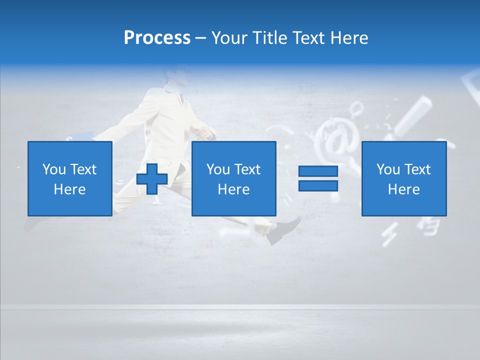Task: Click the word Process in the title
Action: point(157,38)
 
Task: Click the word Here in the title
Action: point(349,38)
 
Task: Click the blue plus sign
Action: point(152,179)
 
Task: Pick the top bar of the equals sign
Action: point(318,171)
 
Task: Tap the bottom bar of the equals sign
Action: point(318,186)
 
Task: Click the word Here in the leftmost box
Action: point(69,189)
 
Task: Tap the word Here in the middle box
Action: point(233,189)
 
